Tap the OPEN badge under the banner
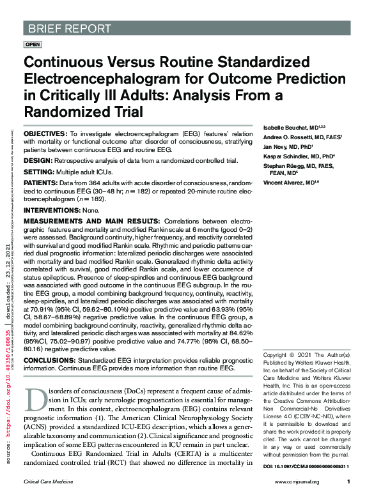click(33, 44)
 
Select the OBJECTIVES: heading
click(45, 133)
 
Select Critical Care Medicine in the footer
click(49, 482)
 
